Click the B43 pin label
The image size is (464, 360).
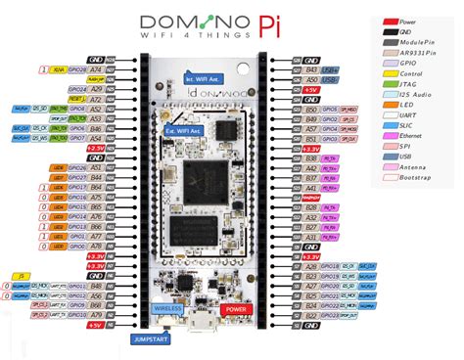[311, 70]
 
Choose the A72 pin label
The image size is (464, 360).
[95, 99]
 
